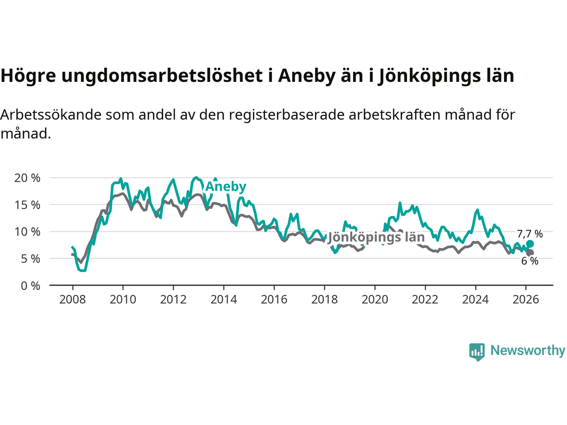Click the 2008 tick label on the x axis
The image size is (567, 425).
(x=72, y=300)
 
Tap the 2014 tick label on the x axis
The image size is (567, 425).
(x=224, y=300)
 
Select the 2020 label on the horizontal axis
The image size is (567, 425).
(x=375, y=300)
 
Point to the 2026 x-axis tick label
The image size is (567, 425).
(x=526, y=300)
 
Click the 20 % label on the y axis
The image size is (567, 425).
(x=27, y=178)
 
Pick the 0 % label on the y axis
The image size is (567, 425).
(x=31, y=286)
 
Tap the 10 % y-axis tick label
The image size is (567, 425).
(x=27, y=232)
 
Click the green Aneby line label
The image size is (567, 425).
(x=225, y=186)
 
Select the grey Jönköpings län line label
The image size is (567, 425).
(x=376, y=237)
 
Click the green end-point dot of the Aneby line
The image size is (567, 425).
(x=530, y=244)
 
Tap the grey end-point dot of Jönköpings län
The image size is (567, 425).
(x=530, y=253)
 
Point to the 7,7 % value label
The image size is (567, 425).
(x=530, y=234)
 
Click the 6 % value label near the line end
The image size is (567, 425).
(x=530, y=261)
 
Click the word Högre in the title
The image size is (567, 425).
(x=28, y=76)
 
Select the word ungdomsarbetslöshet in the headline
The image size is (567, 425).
(x=162, y=76)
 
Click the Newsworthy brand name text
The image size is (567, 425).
(x=528, y=351)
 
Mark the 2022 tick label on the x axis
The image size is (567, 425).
(x=425, y=300)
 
